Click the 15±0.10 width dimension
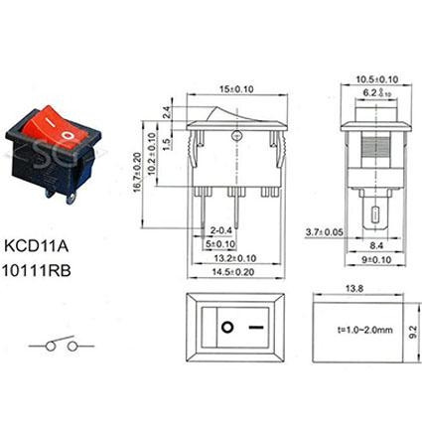(x=236, y=89)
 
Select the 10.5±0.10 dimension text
(x=377, y=79)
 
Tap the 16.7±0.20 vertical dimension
(x=138, y=172)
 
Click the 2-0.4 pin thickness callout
(x=220, y=230)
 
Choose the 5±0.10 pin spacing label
(x=220, y=244)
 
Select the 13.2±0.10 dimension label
(x=235, y=258)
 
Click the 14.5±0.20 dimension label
(x=233, y=272)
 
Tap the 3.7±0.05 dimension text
(x=325, y=232)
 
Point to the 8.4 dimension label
(x=376, y=246)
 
